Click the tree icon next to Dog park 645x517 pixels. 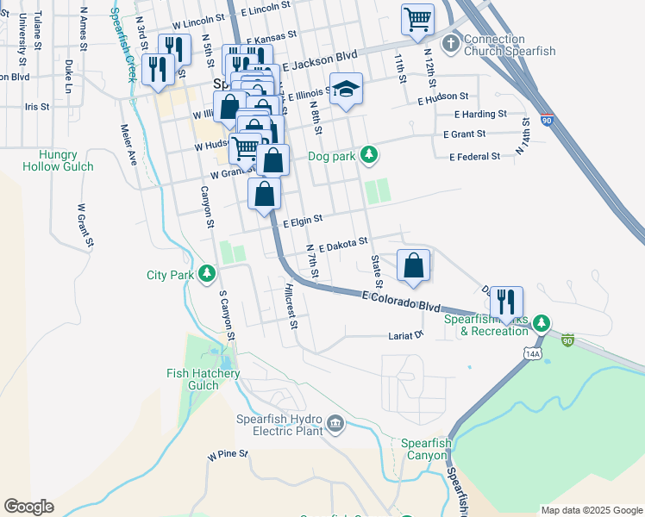[369, 154]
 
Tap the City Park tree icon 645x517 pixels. [207, 274]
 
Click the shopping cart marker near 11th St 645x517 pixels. [417, 18]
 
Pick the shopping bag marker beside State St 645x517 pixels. [414, 266]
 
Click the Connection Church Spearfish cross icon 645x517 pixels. [451, 43]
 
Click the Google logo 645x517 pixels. [28, 507]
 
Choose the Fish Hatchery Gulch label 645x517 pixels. [204, 379]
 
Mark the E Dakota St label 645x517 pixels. [342, 245]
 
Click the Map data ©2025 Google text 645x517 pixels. [591, 510]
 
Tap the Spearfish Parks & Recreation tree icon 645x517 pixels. [541, 323]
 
